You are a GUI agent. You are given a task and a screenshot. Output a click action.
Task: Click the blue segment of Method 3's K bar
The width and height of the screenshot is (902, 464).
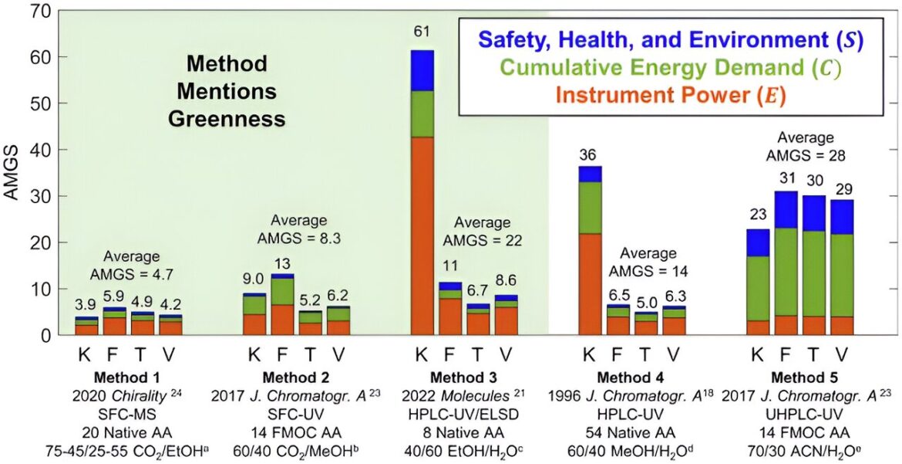click(422, 71)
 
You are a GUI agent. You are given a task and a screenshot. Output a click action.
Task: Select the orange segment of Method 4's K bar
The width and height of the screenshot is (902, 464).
click(599, 283)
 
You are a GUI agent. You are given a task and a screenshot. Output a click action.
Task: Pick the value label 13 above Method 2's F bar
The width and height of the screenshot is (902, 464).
click(282, 264)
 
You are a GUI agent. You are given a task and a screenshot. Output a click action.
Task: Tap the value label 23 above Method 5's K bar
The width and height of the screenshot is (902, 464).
click(758, 215)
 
